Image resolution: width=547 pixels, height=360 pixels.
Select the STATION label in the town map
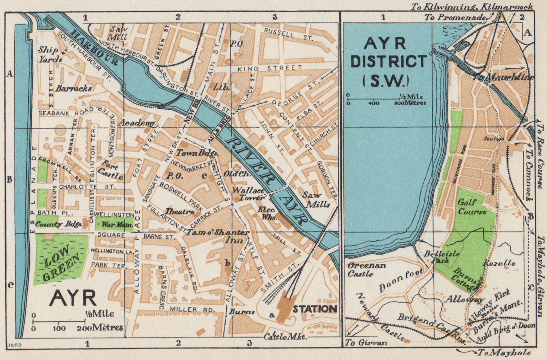[x=314, y=309]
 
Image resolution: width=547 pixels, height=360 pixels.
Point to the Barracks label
[x=74, y=89]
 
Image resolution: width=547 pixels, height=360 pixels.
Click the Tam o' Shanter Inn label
[x=218, y=236]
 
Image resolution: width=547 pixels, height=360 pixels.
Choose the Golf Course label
[x=472, y=207]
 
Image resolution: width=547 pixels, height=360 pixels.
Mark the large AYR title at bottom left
[x=72, y=298]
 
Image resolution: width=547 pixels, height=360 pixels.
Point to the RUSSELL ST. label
[x=288, y=35]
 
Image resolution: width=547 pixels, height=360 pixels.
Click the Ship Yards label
[x=50, y=54]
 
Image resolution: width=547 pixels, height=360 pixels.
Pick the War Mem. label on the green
[x=114, y=225]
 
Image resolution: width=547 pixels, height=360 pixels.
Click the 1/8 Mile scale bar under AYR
[x=59, y=321]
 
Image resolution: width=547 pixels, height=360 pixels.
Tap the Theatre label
[x=180, y=212]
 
